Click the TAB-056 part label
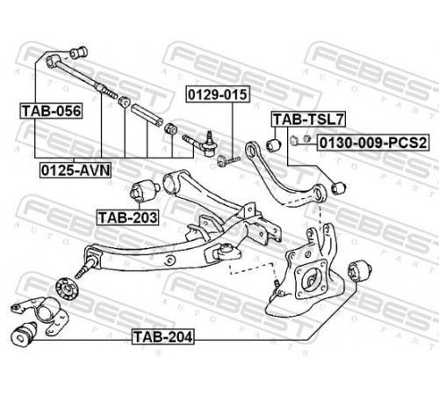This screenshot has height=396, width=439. tap(51, 111)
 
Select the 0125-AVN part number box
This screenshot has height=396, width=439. tap(76, 171)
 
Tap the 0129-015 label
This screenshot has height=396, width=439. tap(218, 94)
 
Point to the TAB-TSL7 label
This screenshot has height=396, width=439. tap(308, 120)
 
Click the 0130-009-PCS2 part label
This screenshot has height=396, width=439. tap(373, 143)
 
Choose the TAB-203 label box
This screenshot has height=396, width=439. tap(128, 217)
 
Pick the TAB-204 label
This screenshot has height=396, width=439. tap(163, 337)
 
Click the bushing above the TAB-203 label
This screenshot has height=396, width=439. tap(145, 191)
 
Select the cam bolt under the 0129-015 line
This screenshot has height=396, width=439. tap(229, 160)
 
